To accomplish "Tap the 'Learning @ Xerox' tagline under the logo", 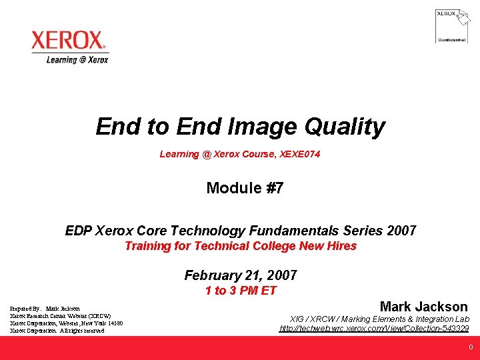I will coord(77,59).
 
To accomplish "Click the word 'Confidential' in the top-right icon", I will coord(451,40).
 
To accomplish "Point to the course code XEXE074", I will coord(300,154).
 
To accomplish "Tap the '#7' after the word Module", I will coord(275,188).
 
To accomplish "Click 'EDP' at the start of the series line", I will coord(79,231).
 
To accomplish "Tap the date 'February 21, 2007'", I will coord(241,275).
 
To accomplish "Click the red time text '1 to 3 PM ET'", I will coord(241,290).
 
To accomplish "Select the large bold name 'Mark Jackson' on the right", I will coord(423,307).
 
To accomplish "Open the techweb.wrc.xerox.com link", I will coord(374,329).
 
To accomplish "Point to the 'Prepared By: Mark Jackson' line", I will coord(45,309).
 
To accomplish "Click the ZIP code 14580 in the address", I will coord(115,323).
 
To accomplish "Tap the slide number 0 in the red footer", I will coord(471,347).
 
